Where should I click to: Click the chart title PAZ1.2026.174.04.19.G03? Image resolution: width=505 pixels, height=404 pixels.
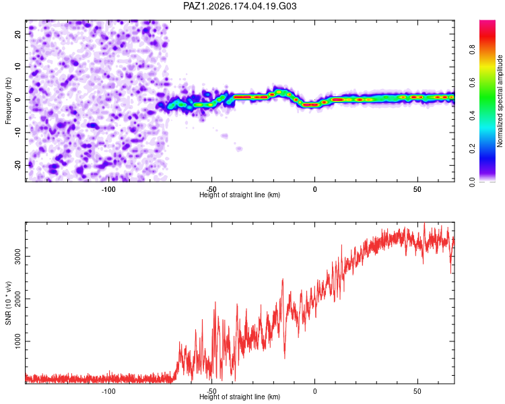[240, 6]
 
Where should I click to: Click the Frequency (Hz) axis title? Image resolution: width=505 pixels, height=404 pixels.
[8, 101]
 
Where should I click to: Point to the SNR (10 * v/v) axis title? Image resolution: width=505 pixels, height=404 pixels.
[8, 303]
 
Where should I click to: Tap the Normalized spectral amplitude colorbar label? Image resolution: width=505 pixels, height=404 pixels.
[500, 101]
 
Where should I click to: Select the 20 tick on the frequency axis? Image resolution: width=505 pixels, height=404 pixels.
[18, 34]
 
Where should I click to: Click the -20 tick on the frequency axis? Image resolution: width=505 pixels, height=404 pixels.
[18, 165]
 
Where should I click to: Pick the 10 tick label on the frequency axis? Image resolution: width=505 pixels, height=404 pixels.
[18, 67]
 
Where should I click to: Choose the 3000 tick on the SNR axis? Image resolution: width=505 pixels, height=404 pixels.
[18, 256]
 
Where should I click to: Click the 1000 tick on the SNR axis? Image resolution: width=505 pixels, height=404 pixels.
[18, 341]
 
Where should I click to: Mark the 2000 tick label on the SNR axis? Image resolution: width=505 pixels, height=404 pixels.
[18, 299]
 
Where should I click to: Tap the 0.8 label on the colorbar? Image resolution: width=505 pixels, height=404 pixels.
[472, 50]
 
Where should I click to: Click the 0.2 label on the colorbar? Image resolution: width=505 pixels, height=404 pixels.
[472, 149]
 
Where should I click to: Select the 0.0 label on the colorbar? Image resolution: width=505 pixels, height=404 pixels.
[472, 182]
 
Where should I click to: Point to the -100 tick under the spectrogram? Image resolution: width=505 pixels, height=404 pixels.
[108, 189]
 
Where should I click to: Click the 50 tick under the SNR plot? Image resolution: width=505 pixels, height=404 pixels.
[417, 391]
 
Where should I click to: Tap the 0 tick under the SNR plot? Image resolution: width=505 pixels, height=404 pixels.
[314, 391]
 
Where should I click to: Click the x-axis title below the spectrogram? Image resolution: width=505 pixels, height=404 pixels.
[240, 195]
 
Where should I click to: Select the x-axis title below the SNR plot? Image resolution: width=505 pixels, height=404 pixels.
[240, 397]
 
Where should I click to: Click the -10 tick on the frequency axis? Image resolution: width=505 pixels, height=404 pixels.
[18, 133]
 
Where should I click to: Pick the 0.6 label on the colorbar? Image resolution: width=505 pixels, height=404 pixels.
[472, 83]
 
